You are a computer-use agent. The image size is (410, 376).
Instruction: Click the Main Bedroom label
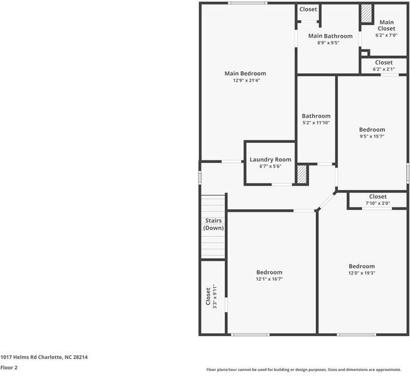245,73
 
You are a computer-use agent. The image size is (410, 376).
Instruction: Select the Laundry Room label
270,160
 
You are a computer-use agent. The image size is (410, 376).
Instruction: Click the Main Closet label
386,25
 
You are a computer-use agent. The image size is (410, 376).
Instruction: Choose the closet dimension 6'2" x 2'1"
384,69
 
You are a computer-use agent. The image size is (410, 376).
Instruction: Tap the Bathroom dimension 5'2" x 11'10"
316,123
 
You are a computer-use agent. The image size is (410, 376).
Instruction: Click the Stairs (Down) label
213,224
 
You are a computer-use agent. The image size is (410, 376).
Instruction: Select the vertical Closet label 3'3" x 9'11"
211,296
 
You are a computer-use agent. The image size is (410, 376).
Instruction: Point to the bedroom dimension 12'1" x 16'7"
269,279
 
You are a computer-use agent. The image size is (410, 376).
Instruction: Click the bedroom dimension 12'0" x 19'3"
362,273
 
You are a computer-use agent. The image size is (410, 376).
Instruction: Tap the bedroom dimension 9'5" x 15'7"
372,136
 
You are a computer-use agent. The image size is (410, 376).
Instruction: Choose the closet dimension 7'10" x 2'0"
377,203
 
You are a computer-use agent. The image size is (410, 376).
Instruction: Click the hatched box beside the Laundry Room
301,174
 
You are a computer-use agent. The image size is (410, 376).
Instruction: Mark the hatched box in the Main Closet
367,14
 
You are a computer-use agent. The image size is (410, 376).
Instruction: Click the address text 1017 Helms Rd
44,357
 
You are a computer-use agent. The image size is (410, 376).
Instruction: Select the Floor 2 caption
9,368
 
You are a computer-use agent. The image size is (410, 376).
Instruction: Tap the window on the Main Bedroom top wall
248,3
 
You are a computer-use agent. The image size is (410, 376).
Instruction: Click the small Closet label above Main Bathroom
308,9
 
